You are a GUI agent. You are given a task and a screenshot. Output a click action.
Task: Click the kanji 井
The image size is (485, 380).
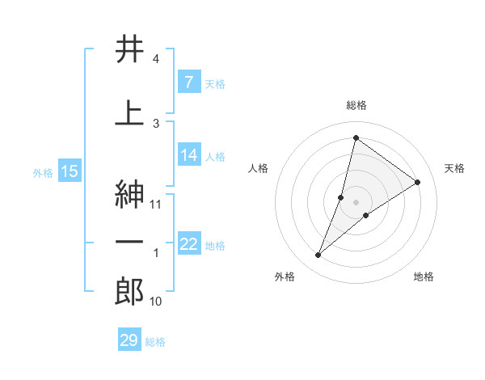coord(129,50)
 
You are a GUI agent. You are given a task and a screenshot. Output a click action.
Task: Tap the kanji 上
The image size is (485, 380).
coord(129,113)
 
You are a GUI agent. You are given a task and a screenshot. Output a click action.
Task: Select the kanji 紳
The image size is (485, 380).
coord(129,195)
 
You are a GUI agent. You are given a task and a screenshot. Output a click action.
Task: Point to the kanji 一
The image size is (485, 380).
coord(129,241)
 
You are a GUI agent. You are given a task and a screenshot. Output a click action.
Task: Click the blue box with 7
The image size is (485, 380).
coord(188,82)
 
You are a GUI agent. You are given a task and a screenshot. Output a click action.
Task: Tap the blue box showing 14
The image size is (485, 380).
coord(188,155)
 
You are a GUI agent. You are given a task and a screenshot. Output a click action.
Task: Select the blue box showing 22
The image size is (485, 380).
coord(188,244)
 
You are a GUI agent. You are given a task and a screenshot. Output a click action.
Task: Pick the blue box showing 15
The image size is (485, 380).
coord(69,171)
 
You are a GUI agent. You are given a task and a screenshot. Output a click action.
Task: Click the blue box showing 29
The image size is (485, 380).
coord(129,340)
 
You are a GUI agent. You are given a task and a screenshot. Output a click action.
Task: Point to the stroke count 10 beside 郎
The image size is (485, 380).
coord(156,302)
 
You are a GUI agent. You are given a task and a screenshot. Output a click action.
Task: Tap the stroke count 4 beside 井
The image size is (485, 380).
coord(156,60)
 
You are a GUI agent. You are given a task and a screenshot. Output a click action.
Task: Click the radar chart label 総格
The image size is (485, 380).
coord(356,105)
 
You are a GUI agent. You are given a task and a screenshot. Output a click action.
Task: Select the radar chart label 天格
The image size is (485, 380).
coord(454,168)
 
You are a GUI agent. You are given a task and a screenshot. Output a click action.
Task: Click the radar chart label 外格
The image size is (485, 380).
coord(285,277)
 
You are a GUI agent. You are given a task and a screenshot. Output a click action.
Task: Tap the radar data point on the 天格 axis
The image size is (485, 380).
coord(418,182)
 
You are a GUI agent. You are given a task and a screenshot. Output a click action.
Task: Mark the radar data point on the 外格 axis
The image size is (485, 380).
coord(318,255)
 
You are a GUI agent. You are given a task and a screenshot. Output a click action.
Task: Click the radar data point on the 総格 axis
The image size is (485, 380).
coord(356,137)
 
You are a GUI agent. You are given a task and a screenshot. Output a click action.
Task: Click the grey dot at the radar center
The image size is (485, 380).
coord(356,201)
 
